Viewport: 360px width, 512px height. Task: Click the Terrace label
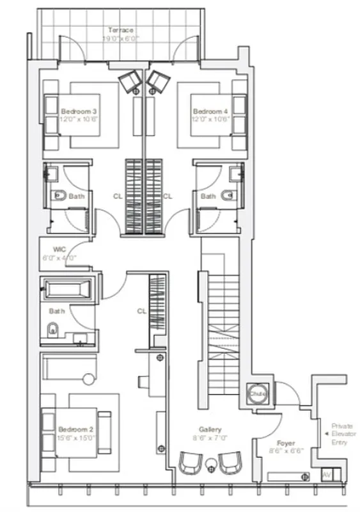[120, 30]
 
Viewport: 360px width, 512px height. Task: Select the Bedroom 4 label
[209, 111]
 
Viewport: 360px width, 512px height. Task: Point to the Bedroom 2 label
[77, 429]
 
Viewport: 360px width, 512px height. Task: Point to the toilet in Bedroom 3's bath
[58, 195]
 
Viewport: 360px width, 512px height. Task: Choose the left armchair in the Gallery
[189, 463]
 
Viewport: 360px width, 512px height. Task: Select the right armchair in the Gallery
[231, 463]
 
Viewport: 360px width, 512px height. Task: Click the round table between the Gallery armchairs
[210, 462]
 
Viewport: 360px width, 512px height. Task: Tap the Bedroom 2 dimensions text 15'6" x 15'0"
[77, 438]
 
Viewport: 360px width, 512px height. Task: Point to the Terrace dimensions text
[120, 39]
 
